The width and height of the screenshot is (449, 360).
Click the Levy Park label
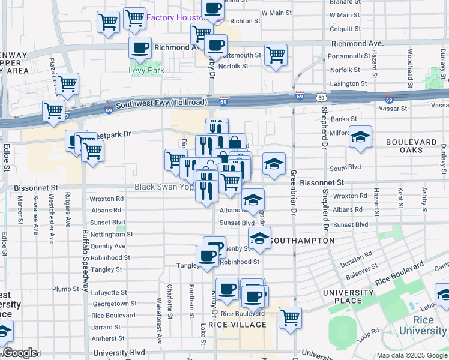146,70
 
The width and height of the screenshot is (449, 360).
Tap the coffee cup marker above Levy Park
140,47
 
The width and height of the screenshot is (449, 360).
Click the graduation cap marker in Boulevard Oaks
361,137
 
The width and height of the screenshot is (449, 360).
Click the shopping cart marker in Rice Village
289,317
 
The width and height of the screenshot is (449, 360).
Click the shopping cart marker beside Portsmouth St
276,55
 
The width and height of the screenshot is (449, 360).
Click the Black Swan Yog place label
163,187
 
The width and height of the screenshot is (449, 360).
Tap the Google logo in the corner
19,353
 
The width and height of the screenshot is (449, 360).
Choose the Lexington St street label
348,83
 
